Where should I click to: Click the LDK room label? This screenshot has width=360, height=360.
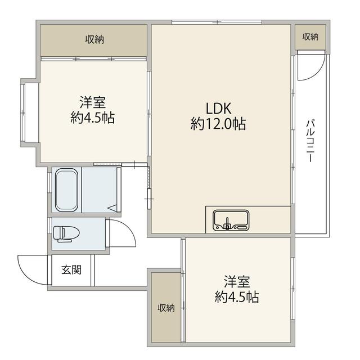coord(218,108)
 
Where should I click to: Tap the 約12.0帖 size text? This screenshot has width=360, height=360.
coord(218,124)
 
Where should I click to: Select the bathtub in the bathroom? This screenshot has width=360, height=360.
coord(66,190)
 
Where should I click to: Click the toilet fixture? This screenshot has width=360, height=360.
coord(66,234)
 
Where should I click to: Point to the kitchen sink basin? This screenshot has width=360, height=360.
coord(231,220)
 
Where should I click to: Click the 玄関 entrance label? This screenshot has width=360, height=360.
coord(71,270)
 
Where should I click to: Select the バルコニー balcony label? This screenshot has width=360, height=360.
coord(310,141)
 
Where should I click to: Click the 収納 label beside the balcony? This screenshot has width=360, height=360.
coord(310,37)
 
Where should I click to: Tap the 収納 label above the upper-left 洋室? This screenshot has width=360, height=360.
coord(94,39)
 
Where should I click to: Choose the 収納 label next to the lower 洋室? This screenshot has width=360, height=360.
coord(166,308)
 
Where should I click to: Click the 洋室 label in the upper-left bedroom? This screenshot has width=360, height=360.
coord(92,102)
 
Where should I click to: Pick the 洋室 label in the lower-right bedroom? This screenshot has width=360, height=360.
coord(237,281)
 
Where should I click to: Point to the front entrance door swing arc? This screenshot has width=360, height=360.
coord(25,275)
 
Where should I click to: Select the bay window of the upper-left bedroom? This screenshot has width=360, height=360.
coord(22,112)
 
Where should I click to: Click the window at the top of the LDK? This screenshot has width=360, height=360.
coord(217,22)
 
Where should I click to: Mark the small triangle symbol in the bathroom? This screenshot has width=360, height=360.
coord(112,209)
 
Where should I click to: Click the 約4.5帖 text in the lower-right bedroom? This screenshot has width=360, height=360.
coord(237,297)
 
